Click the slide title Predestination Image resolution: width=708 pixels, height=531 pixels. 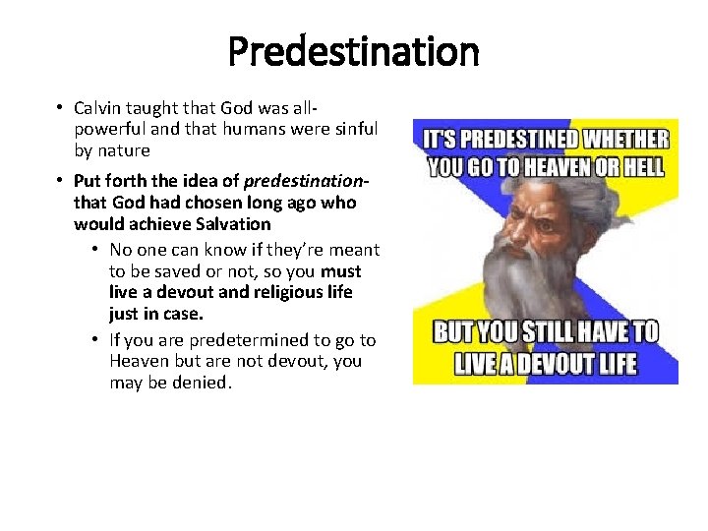pyautogui.click(x=353, y=50)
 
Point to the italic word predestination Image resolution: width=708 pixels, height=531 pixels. pyautogui.click(x=305, y=182)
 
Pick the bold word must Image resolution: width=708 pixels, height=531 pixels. pyautogui.click(x=341, y=271)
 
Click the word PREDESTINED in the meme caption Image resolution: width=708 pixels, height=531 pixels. pyautogui.click(x=521, y=141)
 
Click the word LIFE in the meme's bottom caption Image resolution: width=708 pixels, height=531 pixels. pyautogui.click(x=614, y=365)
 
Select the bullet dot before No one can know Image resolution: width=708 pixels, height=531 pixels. pyautogui.click(x=96, y=251)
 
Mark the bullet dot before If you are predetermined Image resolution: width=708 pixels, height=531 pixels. pyautogui.click(x=96, y=340)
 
